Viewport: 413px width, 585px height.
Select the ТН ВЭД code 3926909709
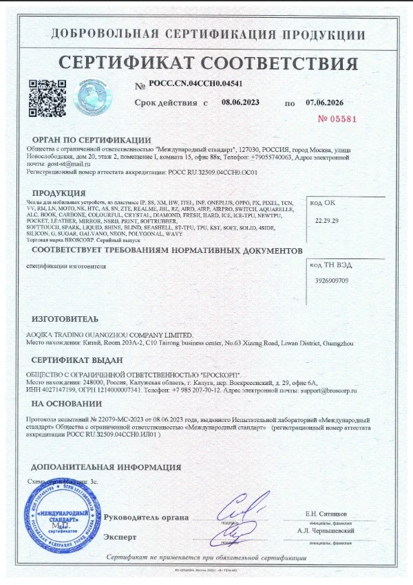332,280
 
